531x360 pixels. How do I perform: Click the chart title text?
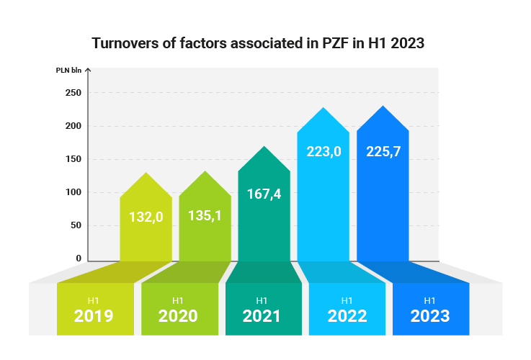(x=258, y=43)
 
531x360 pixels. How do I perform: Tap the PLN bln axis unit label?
(x=69, y=71)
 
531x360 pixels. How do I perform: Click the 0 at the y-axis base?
(x=79, y=258)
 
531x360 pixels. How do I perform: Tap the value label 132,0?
(x=146, y=215)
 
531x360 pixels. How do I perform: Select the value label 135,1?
(x=205, y=214)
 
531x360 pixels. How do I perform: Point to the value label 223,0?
(x=323, y=153)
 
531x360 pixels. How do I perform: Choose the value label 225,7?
(x=382, y=153)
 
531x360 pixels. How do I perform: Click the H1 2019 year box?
(x=94, y=310)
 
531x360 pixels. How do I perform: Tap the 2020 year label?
(x=178, y=315)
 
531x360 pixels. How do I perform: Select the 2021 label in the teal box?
(x=262, y=315)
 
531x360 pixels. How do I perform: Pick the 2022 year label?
(x=347, y=315)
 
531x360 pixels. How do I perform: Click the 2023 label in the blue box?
(x=430, y=315)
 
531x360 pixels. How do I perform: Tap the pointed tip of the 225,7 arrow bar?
(x=383, y=107)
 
